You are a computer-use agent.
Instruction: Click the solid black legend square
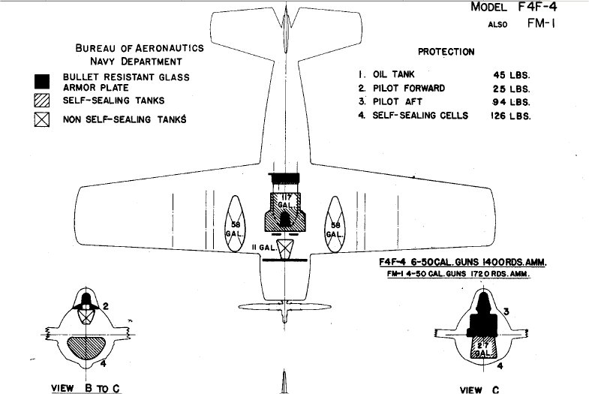coord(42,82)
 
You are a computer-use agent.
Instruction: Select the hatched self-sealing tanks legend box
coord(42,101)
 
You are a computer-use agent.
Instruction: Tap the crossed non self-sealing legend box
coord(42,119)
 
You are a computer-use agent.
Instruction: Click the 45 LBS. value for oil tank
coord(512,75)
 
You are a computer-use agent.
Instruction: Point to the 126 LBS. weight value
coord(510,116)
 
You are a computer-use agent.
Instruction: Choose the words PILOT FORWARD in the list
coord(409,89)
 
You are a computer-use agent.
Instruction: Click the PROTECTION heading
coord(446,52)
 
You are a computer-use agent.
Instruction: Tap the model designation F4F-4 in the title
coord(537,8)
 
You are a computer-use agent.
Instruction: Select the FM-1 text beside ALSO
coord(541,23)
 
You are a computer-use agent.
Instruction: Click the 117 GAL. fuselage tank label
coord(285,201)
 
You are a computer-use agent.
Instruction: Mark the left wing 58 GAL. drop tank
coord(235,224)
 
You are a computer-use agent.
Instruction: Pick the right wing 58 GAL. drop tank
coord(335,224)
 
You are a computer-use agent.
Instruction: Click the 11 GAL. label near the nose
coord(263,248)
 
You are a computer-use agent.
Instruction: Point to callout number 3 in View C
coord(506,311)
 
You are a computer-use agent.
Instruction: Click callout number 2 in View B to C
coord(106,306)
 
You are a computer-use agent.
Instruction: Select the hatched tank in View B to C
coord(86,347)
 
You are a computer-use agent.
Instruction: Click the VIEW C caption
coord(479,389)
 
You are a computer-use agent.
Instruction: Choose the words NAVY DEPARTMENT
coord(136,62)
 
